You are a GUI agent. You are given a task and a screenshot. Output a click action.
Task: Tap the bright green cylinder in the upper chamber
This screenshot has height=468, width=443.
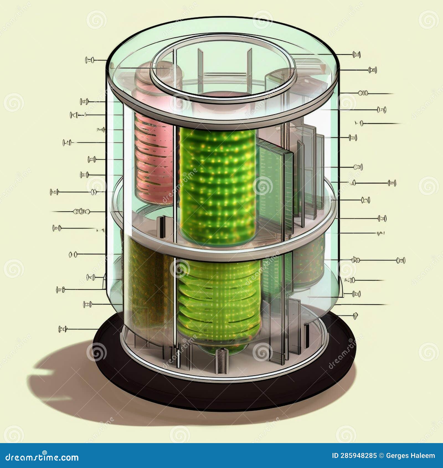click(x=217, y=186)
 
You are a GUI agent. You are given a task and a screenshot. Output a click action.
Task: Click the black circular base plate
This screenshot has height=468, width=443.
click(x=221, y=393)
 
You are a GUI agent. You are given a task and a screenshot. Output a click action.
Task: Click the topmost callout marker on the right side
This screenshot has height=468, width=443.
click(x=356, y=55)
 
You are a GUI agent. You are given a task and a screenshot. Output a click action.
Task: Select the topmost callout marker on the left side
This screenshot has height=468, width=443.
click(x=89, y=60)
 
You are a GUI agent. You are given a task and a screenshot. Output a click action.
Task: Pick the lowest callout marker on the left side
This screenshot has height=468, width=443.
click(x=63, y=329)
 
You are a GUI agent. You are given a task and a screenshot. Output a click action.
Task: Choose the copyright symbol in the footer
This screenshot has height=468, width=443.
click(x=381, y=456)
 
